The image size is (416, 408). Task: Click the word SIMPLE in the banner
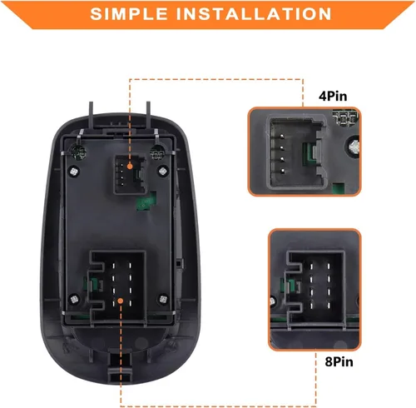pos(129,13)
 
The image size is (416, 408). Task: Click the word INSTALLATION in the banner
pos(254,13)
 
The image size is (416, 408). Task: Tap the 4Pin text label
pos(333,97)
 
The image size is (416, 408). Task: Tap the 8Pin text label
pos(339,362)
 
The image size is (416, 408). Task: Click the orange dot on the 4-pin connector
pos(130,167)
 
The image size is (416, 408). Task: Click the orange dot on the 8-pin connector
pos(120,301)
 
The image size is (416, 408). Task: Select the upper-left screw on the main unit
pos(74,172)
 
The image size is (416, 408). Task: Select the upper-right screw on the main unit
pos(163,171)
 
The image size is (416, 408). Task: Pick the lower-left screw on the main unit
pos(74,299)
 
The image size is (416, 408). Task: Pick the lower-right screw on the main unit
pos(163,299)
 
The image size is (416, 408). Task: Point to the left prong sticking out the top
pos(91,114)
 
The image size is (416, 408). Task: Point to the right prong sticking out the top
pos(148,114)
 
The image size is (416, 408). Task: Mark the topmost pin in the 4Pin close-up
pos(282,137)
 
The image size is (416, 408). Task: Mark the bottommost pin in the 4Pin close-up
pos(283,171)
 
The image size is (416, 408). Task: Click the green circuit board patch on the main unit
pos(146,202)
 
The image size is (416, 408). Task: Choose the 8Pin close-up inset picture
pos(314,290)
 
